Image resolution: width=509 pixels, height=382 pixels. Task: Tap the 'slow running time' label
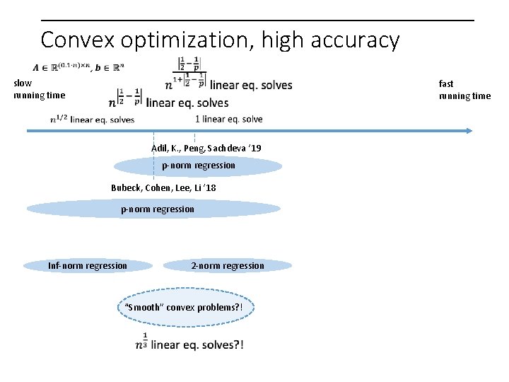click(39, 89)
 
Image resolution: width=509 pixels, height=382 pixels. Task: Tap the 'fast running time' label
click(464, 90)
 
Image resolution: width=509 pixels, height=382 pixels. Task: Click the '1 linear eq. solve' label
click(228, 119)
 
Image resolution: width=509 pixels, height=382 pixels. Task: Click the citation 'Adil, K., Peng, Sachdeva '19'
click(206, 148)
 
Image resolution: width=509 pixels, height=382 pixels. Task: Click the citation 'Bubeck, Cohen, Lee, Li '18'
click(163, 188)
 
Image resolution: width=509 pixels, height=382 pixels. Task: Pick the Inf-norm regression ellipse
click(88, 266)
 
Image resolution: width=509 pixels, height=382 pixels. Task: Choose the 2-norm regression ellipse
click(227, 266)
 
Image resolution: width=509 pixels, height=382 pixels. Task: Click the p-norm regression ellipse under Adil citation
click(198, 166)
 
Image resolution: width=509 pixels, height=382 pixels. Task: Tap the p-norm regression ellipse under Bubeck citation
click(153, 209)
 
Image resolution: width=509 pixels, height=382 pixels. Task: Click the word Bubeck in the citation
click(125, 188)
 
